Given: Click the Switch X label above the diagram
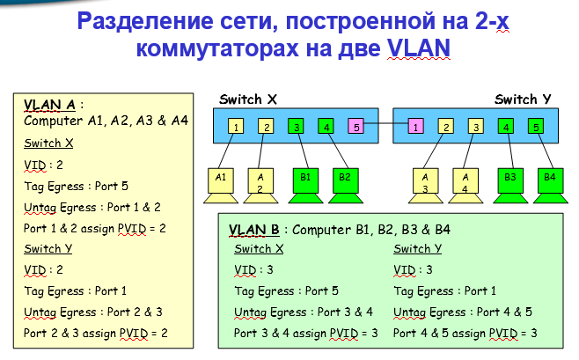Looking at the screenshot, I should pos(249,99).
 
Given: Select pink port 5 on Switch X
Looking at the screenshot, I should pos(355,127).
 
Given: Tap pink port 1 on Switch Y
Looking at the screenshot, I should pos(415,127).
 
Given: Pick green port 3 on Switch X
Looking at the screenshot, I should pos(297,127).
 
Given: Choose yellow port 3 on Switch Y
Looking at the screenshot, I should pos(476,127).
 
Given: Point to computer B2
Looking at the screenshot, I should pos(344,180).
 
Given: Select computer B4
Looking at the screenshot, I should pos(550,180).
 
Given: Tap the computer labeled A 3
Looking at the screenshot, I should pos(426,180).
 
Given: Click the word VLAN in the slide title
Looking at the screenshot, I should pos(418,46).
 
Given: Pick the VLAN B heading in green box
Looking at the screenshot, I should pos(253,231).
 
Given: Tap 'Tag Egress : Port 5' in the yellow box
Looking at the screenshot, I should pos(75,185).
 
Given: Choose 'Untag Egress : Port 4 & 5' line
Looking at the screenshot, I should pos(463,312).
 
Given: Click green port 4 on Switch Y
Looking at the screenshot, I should pos(506,127).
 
